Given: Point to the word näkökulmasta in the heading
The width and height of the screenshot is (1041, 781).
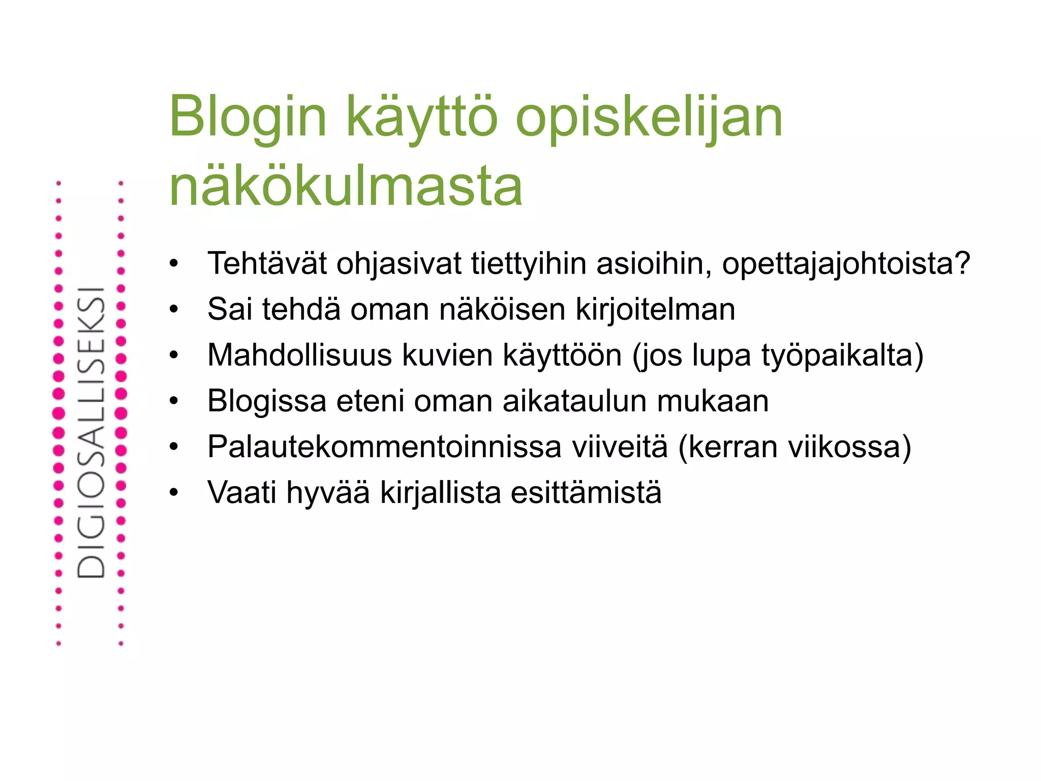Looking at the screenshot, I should click(346, 186).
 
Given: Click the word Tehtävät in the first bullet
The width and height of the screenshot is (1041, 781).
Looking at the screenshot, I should click(267, 263).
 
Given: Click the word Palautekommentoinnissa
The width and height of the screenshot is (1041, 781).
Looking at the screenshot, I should click(384, 446).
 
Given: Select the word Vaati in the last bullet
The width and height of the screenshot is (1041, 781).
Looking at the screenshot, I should click(241, 492).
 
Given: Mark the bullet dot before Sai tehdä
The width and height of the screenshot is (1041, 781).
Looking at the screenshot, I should click(174, 309).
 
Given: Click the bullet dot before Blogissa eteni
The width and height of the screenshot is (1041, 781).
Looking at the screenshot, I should click(174, 401).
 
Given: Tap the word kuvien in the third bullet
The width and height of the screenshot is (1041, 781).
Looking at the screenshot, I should click(447, 355).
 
